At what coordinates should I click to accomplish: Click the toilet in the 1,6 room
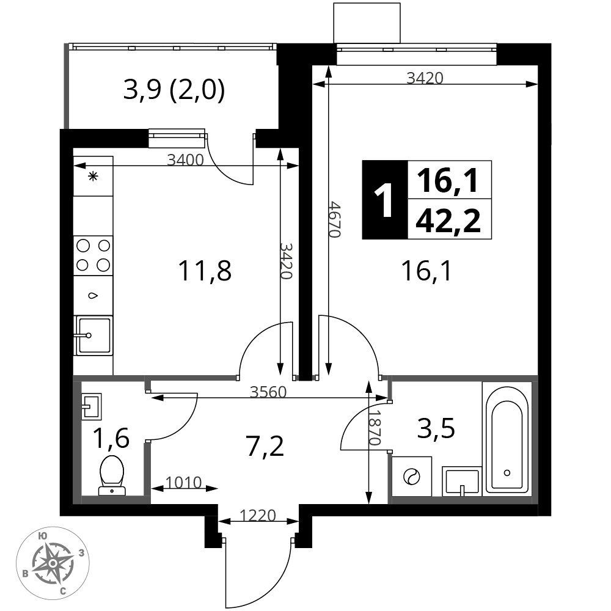(x=112, y=475)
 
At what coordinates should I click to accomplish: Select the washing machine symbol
(x=412, y=477)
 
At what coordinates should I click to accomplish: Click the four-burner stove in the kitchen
(x=93, y=255)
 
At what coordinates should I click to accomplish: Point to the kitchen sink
(x=93, y=335)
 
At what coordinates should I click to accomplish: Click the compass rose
(x=53, y=563)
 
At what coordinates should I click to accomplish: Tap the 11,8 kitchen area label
(x=205, y=271)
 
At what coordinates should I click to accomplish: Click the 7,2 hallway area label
(x=265, y=446)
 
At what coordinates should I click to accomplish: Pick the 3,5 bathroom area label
(x=436, y=429)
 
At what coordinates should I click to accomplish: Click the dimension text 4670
(x=334, y=219)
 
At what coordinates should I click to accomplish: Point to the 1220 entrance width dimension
(x=258, y=516)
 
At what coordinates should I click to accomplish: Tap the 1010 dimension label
(x=183, y=483)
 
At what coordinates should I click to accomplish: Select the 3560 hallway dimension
(x=268, y=392)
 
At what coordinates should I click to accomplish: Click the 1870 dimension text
(x=374, y=427)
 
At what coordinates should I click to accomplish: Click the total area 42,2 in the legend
(x=448, y=220)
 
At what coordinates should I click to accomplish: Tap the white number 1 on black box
(x=383, y=200)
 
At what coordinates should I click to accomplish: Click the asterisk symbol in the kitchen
(x=93, y=177)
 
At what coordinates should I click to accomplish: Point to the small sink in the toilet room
(x=92, y=406)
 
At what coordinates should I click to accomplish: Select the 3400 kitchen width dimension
(x=186, y=159)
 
